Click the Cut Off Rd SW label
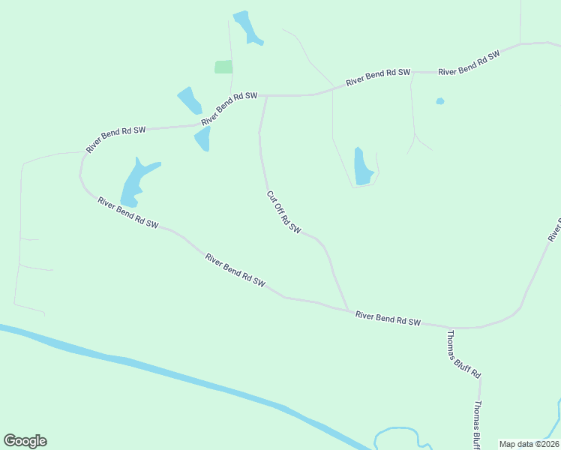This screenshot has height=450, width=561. click(x=283, y=212)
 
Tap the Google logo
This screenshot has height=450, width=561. click(x=25, y=441)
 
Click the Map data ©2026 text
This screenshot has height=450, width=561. click(x=528, y=444)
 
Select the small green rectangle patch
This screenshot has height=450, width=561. click(x=223, y=67)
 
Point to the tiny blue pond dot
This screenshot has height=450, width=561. click(x=440, y=101)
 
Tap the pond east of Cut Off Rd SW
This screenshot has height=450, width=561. click(x=362, y=167)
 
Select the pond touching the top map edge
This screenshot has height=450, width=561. click(x=247, y=27)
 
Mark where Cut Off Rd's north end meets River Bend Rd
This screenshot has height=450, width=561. click(x=266, y=96)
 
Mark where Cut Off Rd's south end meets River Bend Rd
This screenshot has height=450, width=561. click(x=348, y=310)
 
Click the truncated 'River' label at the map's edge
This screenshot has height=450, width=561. click(x=554, y=229)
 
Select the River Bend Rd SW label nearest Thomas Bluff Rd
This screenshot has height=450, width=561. click(x=387, y=319)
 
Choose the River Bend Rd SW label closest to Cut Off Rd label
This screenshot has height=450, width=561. click(x=235, y=270)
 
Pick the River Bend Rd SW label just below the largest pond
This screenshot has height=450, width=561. click(x=127, y=212)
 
